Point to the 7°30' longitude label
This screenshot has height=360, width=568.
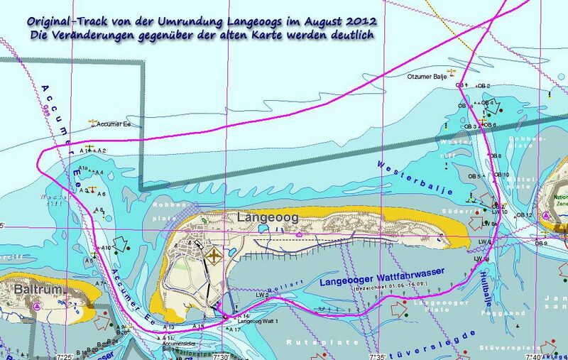point(222,355)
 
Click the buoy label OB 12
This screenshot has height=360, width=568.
point(524,215)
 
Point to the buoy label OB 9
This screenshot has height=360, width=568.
point(541,244)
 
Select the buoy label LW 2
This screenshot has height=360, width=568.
point(261,294)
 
